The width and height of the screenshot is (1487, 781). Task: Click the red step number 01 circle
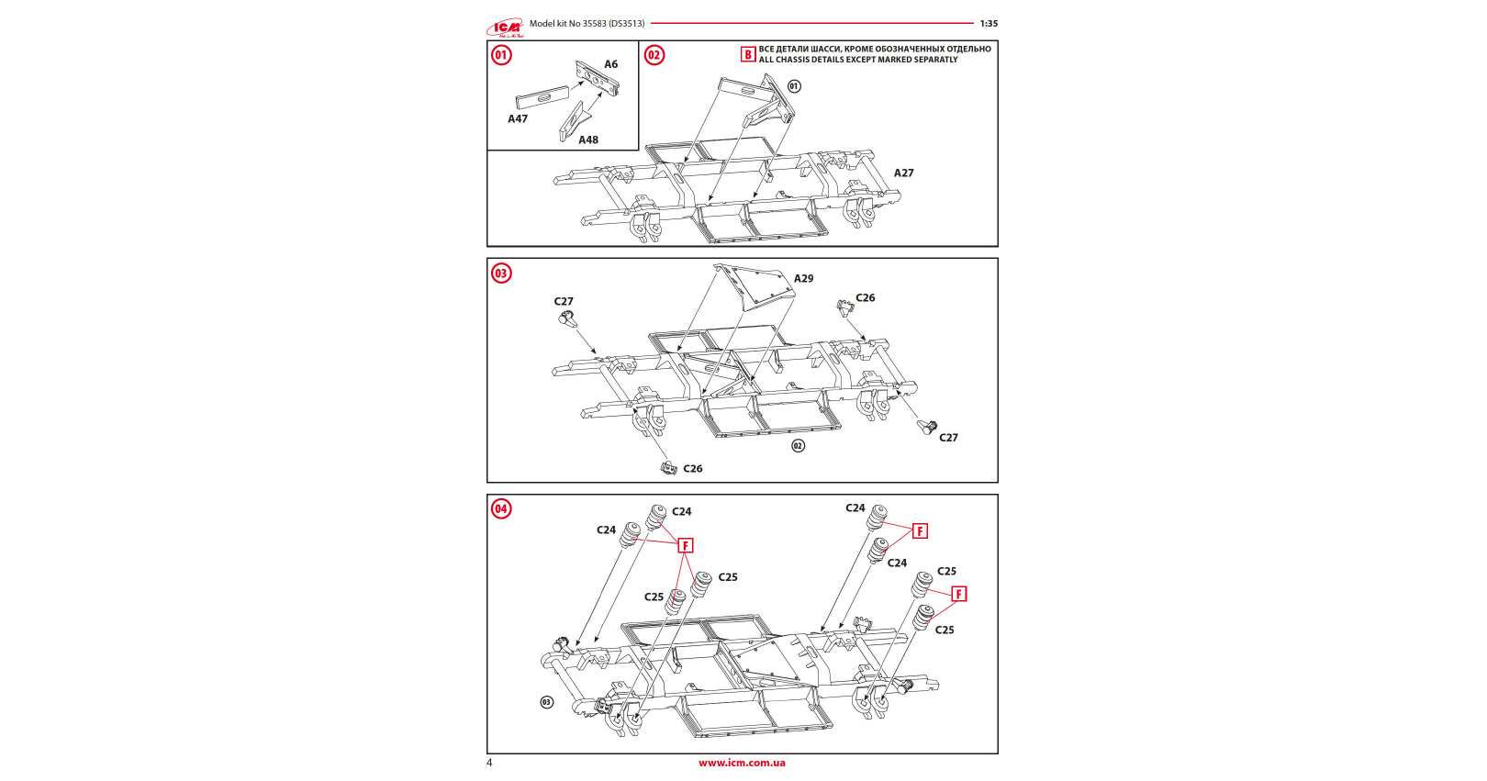pyautogui.click(x=501, y=55)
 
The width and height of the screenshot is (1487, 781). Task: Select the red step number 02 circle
pyautogui.click(x=654, y=55)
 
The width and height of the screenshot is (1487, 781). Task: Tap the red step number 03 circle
pyautogui.click(x=501, y=273)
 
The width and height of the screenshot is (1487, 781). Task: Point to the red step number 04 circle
pyautogui.click(x=501, y=509)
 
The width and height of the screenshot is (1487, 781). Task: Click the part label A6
pyautogui.click(x=610, y=64)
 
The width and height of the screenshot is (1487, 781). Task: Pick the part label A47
pyautogui.click(x=518, y=118)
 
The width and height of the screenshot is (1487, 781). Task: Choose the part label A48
pyautogui.click(x=588, y=140)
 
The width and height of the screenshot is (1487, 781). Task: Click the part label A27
pyautogui.click(x=903, y=173)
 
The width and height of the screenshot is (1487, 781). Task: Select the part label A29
pyautogui.click(x=803, y=279)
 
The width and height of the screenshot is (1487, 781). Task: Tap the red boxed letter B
pyautogui.click(x=748, y=54)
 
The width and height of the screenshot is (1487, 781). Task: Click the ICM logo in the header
pyautogui.click(x=505, y=28)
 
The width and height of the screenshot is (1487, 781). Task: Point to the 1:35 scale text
pyautogui.click(x=989, y=23)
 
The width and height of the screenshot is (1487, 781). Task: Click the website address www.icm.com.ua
pyautogui.click(x=742, y=763)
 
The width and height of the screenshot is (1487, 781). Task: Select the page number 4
pyautogui.click(x=489, y=763)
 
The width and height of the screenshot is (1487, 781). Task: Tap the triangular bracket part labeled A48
pyautogui.click(x=574, y=121)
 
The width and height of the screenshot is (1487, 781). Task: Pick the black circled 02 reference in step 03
pyautogui.click(x=798, y=446)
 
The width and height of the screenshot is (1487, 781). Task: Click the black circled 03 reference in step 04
pyautogui.click(x=546, y=702)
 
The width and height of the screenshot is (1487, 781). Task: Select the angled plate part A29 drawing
pyautogui.click(x=755, y=286)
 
